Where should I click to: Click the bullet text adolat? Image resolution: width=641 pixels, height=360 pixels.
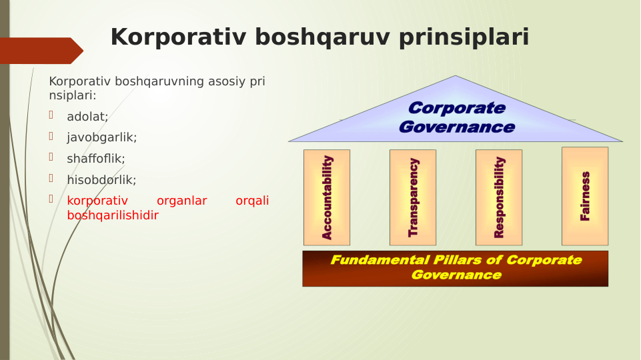(87, 117)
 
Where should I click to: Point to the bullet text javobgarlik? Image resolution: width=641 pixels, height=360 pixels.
(101, 137)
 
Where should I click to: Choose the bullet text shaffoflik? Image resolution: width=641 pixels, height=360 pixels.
(95, 159)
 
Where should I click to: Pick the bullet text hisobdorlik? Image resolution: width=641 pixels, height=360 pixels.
(101, 179)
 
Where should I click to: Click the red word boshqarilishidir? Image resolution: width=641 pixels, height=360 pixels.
(112, 215)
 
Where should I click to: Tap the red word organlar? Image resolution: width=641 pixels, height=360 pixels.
(181, 201)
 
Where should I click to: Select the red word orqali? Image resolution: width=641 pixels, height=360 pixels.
(252, 201)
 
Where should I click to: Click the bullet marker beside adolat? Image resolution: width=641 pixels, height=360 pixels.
(51, 115)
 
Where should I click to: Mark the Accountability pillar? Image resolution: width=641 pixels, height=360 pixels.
(327, 197)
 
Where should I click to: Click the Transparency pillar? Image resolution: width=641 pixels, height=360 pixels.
(413, 197)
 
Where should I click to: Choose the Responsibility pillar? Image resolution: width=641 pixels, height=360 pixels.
(499, 197)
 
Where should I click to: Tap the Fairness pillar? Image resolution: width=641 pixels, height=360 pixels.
(585, 196)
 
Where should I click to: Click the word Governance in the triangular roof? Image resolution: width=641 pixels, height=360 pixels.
(456, 127)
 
